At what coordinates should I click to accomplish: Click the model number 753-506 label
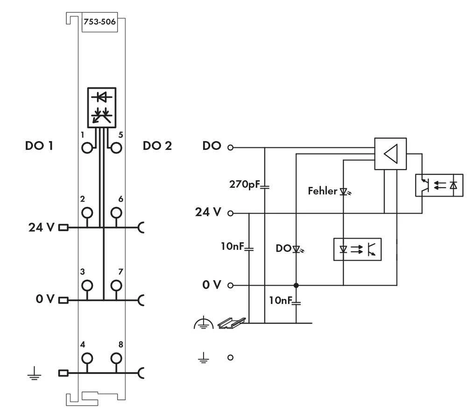(x=99, y=21)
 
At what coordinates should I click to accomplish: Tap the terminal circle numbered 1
(x=86, y=148)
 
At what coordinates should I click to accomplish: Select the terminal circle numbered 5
(x=116, y=148)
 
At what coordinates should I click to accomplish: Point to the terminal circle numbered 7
(x=116, y=285)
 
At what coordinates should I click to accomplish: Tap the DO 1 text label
(x=39, y=146)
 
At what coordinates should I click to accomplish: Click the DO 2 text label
(x=157, y=146)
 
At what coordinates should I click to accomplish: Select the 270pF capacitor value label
(x=244, y=184)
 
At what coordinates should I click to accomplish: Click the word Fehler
(x=322, y=191)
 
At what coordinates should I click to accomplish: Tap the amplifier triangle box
(x=390, y=153)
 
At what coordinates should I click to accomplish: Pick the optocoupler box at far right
(x=439, y=185)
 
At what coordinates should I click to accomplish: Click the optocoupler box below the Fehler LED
(x=357, y=249)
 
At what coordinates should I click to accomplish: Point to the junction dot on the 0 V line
(x=296, y=285)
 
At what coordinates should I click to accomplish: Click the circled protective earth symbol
(x=203, y=323)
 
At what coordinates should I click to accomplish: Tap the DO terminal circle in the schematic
(x=230, y=148)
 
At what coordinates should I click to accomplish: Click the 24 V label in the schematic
(x=208, y=212)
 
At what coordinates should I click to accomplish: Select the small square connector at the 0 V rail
(x=63, y=300)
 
